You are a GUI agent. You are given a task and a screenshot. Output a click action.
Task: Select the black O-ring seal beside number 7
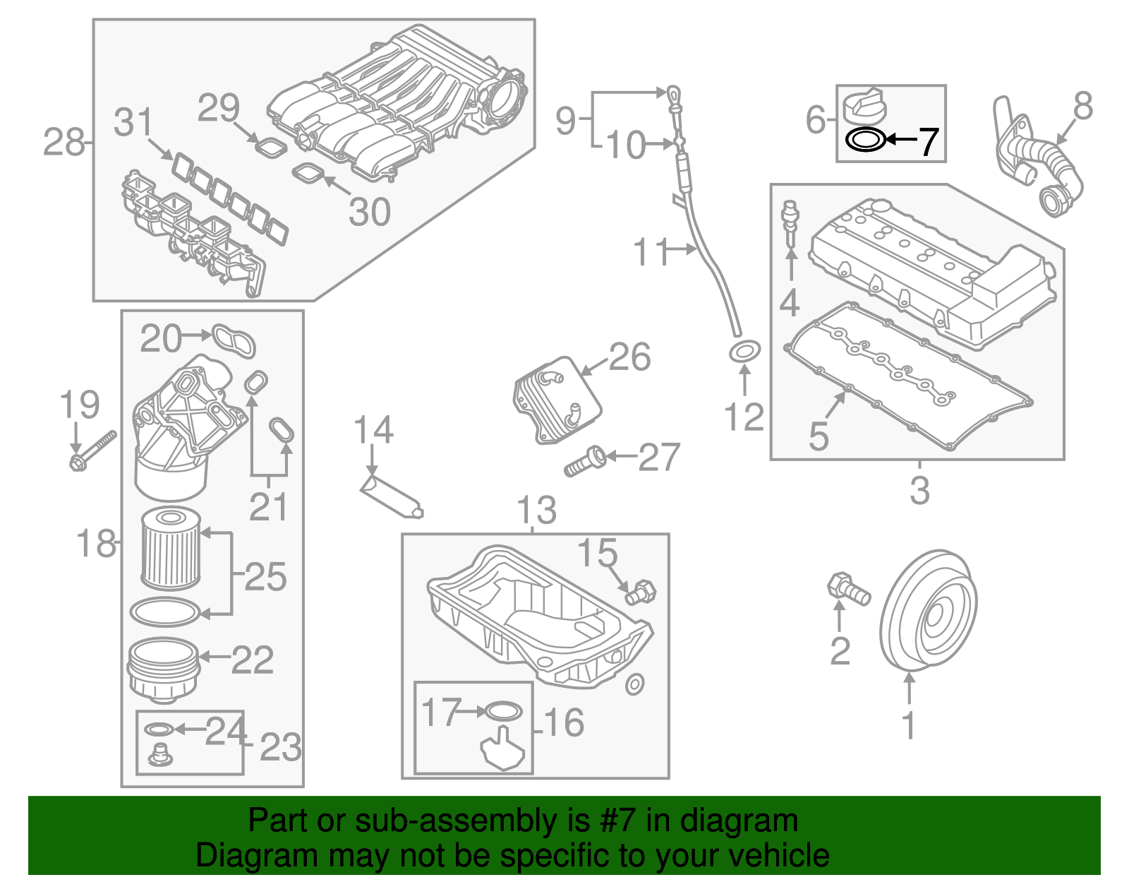865,140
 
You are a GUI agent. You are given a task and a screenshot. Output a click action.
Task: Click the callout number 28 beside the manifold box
64,143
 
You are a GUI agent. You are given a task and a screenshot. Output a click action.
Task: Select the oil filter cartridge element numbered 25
171,550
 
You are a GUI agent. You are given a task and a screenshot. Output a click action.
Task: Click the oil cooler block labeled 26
557,400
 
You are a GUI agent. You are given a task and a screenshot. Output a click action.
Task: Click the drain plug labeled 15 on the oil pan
641,591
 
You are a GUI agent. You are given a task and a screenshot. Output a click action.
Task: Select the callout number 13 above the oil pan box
536,510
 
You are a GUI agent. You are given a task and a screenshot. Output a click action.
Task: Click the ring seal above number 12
744,350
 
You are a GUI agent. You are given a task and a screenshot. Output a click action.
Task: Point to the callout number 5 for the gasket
818,436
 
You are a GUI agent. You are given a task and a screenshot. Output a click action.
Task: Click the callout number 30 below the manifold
370,212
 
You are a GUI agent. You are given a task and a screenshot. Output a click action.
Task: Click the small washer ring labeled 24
159,729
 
